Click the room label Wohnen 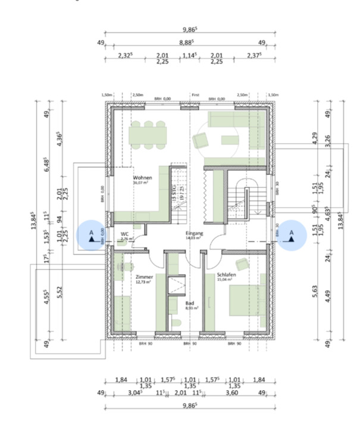tap(142, 178)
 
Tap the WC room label tap(125, 234)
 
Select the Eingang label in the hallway tap(194, 233)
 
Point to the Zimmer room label tap(144, 277)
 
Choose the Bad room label tap(189, 303)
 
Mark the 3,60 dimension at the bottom tap(233, 393)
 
